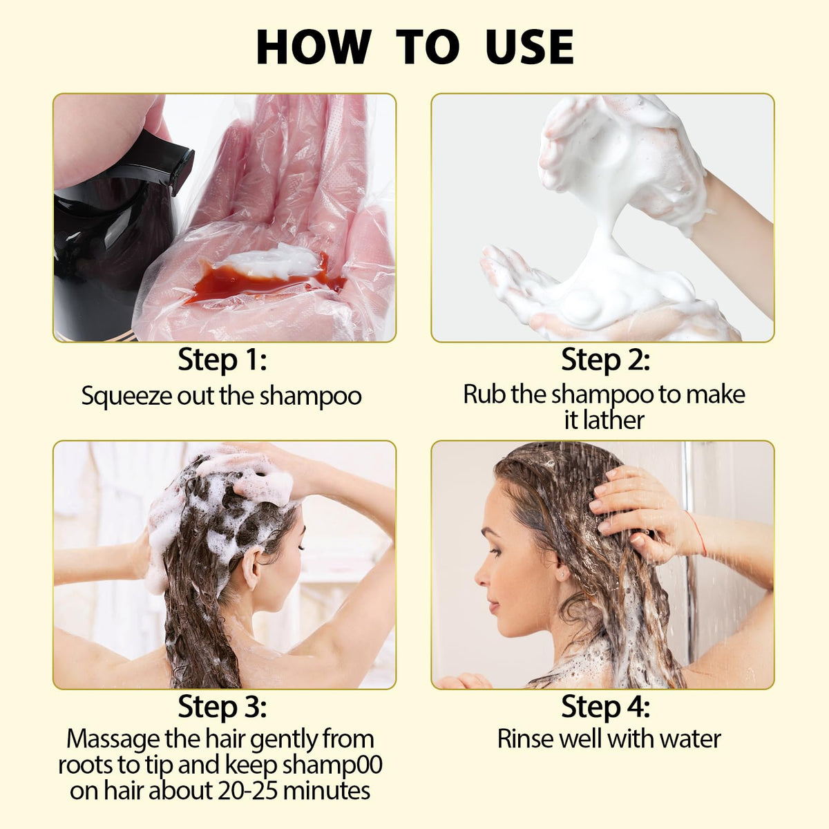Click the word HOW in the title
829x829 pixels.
pyautogui.click(x=313, y=47)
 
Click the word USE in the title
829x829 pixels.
pyautogui.click(x=530, y=47)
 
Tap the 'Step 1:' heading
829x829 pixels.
pyautogui.click(x=222, y=360)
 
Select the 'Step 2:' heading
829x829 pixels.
pyautogui.click(x=605, y=360)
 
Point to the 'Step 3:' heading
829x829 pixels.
pyautogui.click(x=222, y=706)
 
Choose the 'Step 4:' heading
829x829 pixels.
pyautogui.click(x=605, y=706)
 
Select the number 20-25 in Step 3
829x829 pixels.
pyautogui.click(x=248, y=791)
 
